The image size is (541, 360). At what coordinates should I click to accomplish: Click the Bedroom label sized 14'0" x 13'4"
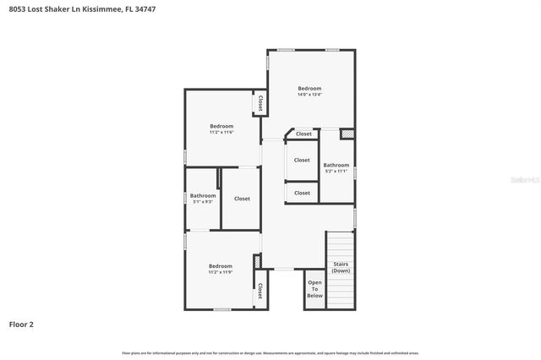(x=309, y=89)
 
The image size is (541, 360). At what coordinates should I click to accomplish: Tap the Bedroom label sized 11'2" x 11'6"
(x=221, y=127)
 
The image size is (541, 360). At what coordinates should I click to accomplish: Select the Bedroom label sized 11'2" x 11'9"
(x=221, y=266)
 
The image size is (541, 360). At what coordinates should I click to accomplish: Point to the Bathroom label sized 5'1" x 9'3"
(x=203, y=196)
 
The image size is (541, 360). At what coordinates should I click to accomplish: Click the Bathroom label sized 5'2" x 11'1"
(x=336, y=166)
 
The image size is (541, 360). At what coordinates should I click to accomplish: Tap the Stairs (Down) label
(x=341, y=268)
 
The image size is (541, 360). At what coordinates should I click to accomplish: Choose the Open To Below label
(x=314, y=289)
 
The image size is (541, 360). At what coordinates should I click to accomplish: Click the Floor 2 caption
(x=21, y=324)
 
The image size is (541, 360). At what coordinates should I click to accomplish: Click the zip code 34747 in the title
(x=145, y=8)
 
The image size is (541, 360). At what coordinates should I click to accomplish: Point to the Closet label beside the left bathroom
(x=242, y=199)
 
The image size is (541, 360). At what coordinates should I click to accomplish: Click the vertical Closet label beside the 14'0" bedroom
(x=260, y=103)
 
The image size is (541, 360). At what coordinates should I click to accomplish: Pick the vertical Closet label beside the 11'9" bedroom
(x=260, y=291)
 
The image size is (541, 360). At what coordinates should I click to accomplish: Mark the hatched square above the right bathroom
(x=346, y=134)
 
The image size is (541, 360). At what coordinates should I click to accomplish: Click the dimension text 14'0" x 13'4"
(x=309, y=95)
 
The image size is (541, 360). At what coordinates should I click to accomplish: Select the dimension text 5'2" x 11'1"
(x=336, y=172)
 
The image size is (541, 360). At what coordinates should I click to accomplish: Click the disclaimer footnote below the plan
(x=270, y=352)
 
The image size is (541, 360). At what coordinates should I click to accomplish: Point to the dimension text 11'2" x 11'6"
(x=221, y=133)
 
